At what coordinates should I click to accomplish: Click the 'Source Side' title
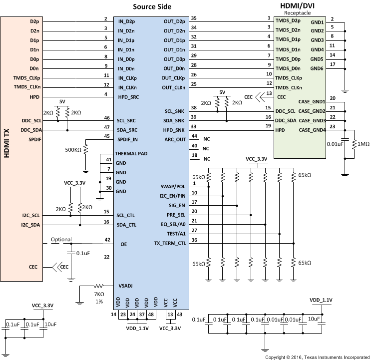click(152, 6)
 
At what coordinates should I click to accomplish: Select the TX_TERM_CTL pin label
click(169, 243)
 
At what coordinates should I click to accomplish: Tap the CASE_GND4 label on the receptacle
click(312, 130)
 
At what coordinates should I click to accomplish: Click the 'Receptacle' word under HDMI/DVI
click(298, 13)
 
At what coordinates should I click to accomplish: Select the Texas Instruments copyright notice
click(317, 357)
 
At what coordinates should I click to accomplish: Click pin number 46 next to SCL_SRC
click(106, 117)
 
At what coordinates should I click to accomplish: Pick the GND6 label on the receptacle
click(317, 68)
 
